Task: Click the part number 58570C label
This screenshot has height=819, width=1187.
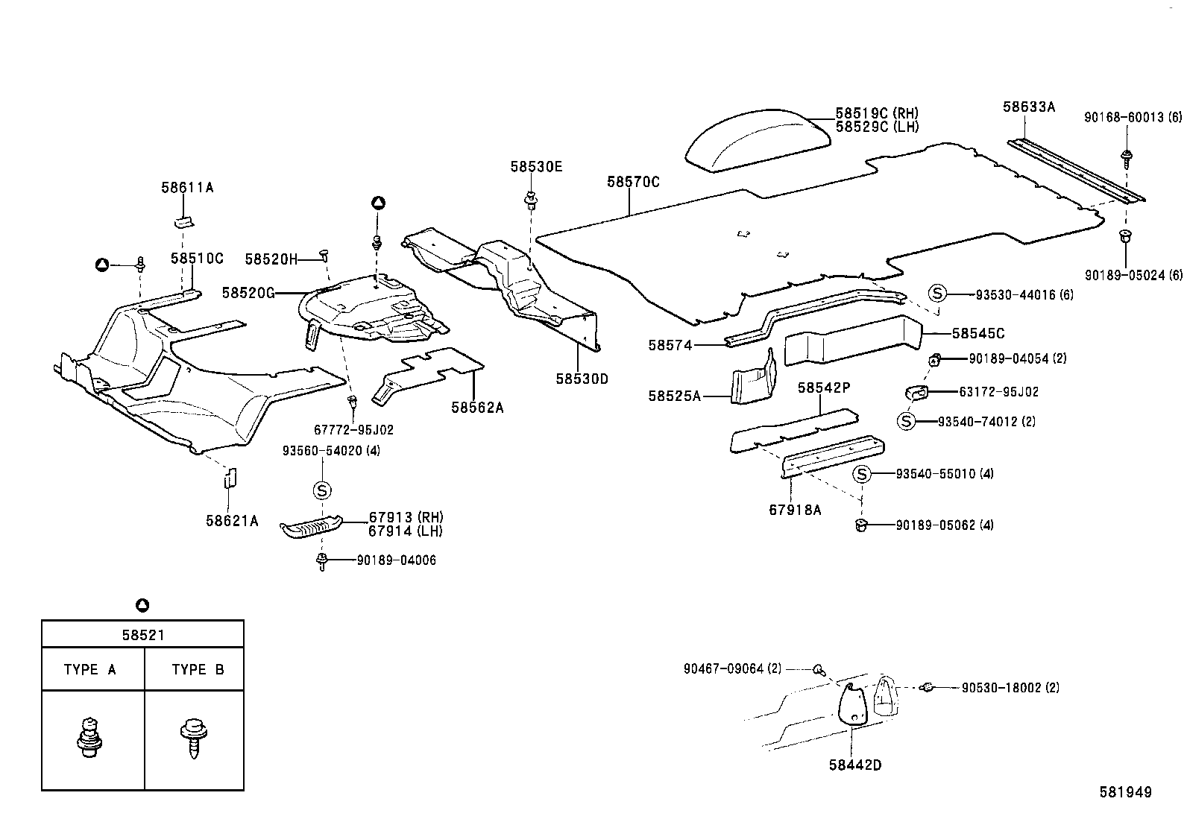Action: (x=633, y=182)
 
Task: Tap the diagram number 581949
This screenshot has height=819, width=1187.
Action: (x=1125, y=792)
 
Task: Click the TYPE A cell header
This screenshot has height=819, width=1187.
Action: (x=91, y=669)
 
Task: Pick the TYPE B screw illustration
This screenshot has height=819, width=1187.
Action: (x=193, y=737)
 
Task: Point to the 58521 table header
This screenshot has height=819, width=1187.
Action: (x=142, y=635)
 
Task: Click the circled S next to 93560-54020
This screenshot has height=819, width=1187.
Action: (x=322, y=490)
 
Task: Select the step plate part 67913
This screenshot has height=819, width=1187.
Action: (x=312, y=525)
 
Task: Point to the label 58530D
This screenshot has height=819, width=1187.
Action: (x=582, y=379)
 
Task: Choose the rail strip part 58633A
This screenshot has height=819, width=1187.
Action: (x=1074, y=169)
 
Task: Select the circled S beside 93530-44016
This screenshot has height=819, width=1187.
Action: (x=937, y=294)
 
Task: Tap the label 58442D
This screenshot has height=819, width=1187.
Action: (x=854, y=765)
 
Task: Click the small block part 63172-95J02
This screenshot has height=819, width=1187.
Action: (x=916, y=393)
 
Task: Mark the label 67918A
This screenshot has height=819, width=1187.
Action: (x=795, y=510)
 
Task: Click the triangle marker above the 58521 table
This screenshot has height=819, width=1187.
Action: (x=142, y=604)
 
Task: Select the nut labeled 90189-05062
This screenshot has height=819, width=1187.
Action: (x=861, y=525)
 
